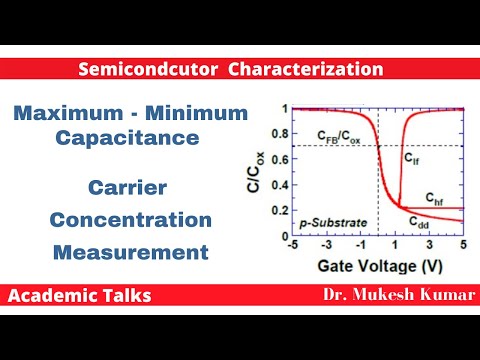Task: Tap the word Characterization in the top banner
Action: [x=302, y=70]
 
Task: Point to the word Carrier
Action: [x=125, y=187]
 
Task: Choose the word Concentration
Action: [x=131, y=220]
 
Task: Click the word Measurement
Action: [x=131, y=252]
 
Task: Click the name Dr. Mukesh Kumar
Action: [x=385, y=296]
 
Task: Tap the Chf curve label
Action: [x=434, y=198]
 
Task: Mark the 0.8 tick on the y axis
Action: [x=282, y=133]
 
